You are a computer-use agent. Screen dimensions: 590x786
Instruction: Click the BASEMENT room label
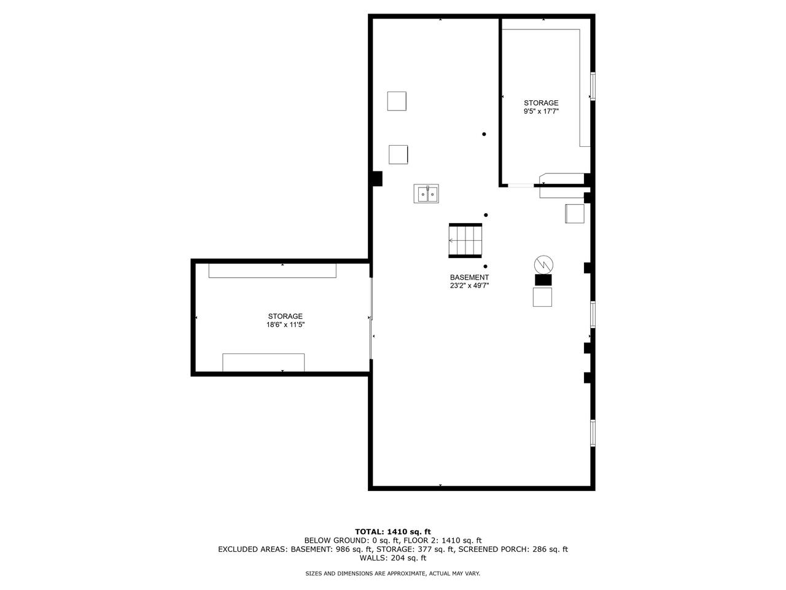click(469, 277)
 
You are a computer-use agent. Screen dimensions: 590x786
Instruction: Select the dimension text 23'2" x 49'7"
click(469, 285)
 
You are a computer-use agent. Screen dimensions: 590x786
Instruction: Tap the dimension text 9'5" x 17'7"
click(540, 111)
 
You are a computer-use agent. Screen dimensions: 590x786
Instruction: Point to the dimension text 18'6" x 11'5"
click(285, 324)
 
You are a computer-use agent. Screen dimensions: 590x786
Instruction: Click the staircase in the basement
click(466, 240)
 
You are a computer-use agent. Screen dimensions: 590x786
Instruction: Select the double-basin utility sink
click(426, 194)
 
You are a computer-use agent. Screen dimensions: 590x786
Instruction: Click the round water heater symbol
click(543, 264)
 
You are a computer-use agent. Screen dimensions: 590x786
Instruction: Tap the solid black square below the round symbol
click(543, 280)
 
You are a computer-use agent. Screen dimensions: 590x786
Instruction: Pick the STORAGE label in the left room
click(285, 316)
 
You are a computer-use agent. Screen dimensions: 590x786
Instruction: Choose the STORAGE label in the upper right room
click(540, 103)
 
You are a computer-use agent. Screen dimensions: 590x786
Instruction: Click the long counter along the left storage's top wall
click(272, 270)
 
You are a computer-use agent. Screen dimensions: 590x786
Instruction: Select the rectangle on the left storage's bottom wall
click(263, 362)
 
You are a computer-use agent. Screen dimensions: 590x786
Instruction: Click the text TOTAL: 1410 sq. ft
click(393, 532)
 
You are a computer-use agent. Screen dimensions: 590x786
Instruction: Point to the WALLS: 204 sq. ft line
click(393, 558)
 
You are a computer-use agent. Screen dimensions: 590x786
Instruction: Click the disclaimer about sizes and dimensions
click(393, 573)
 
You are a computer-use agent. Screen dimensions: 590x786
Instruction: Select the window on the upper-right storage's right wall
click(593, 86)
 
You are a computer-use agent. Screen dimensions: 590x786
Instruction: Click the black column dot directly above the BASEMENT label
click(486, 266)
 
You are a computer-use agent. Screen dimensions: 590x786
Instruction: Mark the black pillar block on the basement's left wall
click(377, 178)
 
